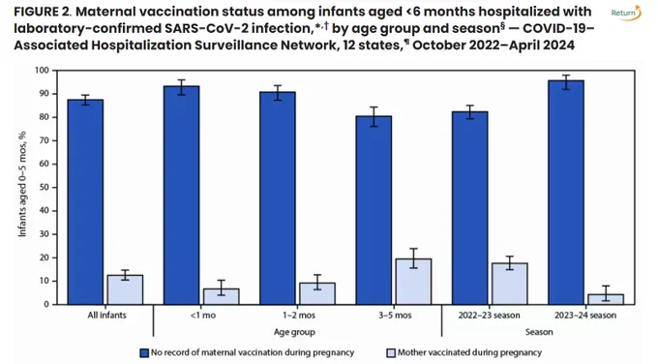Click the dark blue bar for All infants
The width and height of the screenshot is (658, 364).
tap(85, 202)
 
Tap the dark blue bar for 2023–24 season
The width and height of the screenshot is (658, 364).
tap(566, 193)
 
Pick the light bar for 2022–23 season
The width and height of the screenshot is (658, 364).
tap(509, 284)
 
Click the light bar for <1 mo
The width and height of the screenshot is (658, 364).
tap(222, 296)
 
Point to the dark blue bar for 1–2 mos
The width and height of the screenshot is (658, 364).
tap(278, 198)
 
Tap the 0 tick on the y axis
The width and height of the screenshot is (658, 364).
tap(46, 304)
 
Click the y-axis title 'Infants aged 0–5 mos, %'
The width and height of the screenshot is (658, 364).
tap(22, 184)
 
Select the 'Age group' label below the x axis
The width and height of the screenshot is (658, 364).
tap(294, 332)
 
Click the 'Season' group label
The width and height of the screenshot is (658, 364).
tap(539, 332)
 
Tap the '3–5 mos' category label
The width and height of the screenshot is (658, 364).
tap(395, 316)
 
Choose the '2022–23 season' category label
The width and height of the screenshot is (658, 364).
tap(489, 316)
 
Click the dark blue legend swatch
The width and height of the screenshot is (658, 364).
tap(144, 352)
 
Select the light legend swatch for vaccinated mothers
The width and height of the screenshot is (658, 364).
tap(391, 352)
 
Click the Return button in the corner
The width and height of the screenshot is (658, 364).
tap(626, 13)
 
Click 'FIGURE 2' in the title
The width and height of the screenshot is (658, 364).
tap(43, 12)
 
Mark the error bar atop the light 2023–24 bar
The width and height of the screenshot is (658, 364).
tap(605, 293)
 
